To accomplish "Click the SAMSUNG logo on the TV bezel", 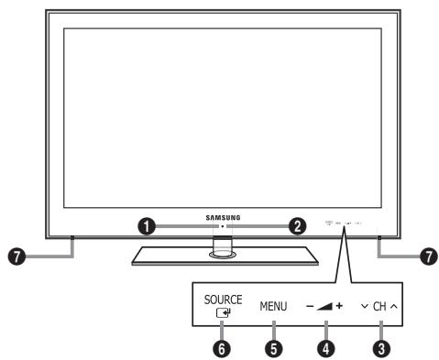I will tap(220, 216).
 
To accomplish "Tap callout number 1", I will tap(145, 227).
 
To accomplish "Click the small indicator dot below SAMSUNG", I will tap(221, 226).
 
